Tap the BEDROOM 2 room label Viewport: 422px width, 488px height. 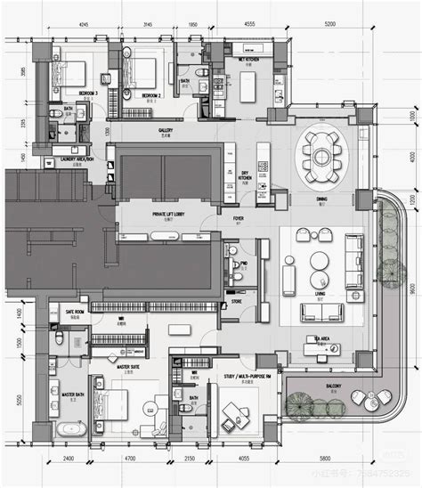(148, 94)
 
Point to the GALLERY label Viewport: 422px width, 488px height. (166, 130)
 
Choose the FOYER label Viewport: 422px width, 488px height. (239, 216)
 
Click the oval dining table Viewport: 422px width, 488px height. (319, 157)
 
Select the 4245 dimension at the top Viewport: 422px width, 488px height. (83, 26)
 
